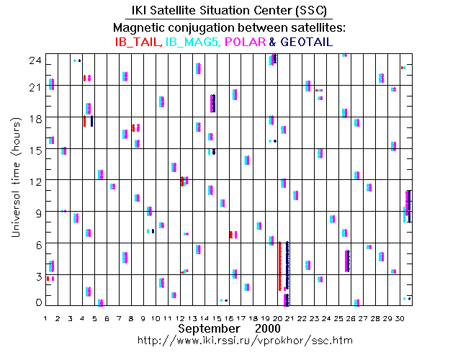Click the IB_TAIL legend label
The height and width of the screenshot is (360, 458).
[137, 42]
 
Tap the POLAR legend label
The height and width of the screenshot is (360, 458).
[244, 42]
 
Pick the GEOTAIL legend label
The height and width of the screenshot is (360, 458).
[305, 42]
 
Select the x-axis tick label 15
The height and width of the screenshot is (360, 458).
[216, 317]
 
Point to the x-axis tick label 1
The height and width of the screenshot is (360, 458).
[45, 317]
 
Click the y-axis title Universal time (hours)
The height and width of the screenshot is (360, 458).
[14, 179]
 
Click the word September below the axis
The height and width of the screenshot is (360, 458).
[209, 328]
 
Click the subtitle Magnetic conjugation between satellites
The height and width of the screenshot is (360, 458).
[229, 27]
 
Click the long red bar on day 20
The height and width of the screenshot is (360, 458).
[279, 266]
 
